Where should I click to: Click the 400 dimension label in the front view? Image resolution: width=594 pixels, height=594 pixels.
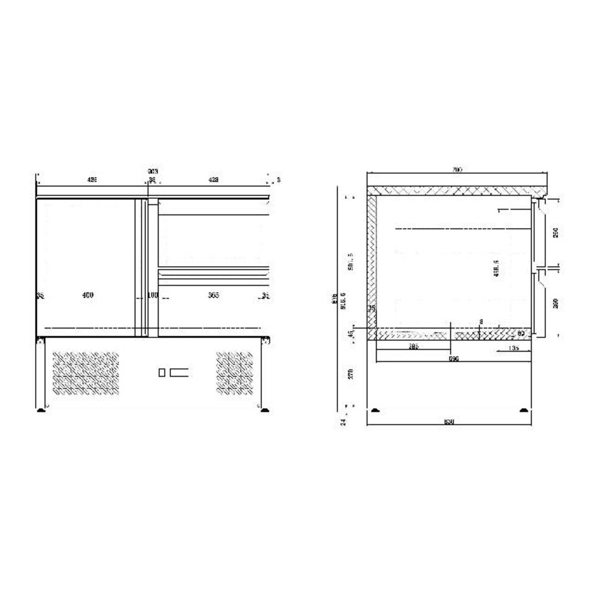point(87,295)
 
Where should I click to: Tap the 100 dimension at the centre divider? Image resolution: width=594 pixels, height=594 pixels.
point(153,295)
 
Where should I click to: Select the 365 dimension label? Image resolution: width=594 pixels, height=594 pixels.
point(213,295)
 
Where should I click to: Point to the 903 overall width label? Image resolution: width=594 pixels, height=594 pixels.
point(153,172)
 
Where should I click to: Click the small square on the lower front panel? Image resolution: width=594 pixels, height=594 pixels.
point(162,372)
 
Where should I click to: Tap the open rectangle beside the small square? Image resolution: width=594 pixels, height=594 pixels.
point(179,372)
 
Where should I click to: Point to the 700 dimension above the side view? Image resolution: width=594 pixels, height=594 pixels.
point(456,170)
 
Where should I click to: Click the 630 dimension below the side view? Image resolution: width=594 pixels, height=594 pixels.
point(449,422)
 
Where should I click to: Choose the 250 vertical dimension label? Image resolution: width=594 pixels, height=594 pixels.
point(556,233)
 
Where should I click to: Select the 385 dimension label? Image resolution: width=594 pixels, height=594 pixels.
point(415,347)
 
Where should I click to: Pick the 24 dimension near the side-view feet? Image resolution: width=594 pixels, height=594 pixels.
point(343,421)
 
